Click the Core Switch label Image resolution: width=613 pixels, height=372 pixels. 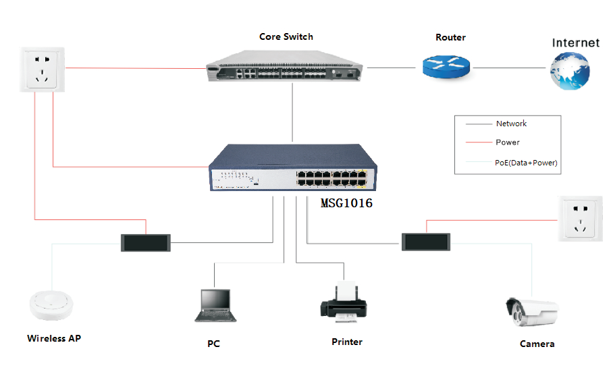pos(286,36)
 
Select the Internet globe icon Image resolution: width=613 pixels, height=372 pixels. pos(570,71)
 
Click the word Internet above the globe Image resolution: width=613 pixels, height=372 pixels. pos(575,43)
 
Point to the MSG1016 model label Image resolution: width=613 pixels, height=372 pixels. pos(346,203)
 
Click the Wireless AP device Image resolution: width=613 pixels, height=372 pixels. pos(51,305)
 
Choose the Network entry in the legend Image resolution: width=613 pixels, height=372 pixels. pos(511,124)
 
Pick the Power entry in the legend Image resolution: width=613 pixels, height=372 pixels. pos(508,142)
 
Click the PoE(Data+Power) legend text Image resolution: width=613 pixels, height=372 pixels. pos(526,163)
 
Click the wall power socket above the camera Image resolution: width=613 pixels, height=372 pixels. pos(579,219)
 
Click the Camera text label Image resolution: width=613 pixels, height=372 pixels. pos(537,344)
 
